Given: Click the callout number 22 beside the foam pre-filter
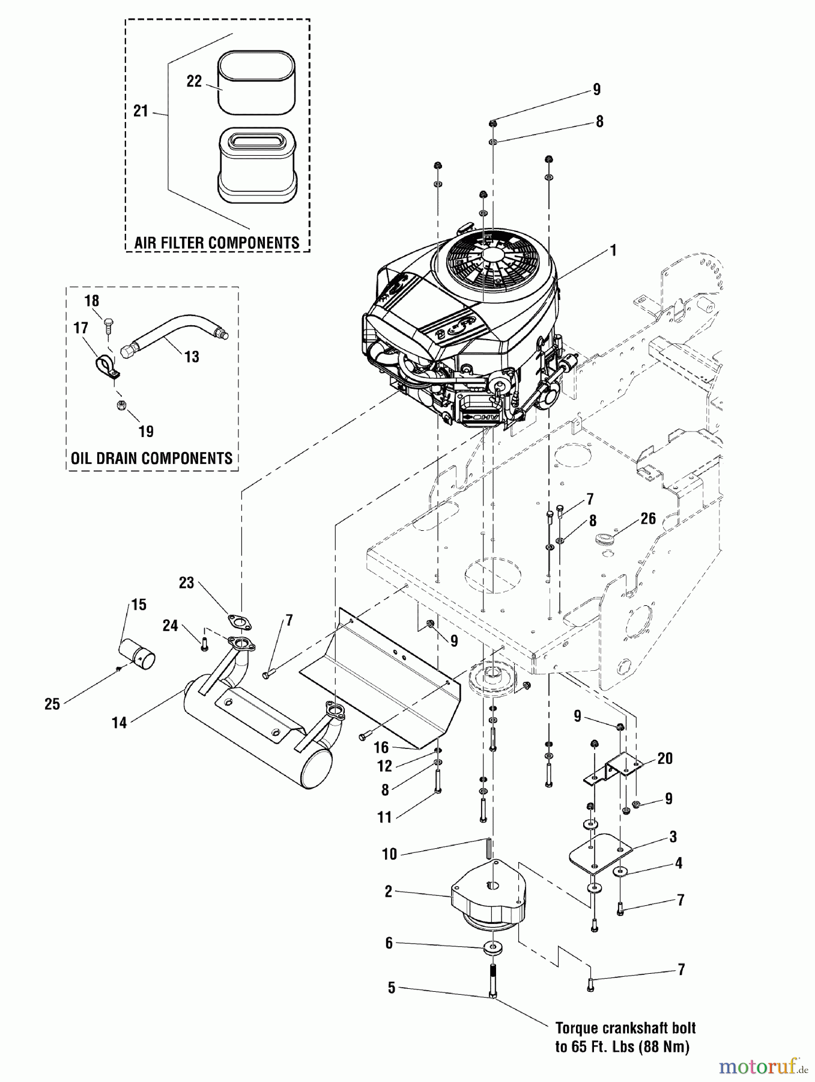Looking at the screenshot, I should click(x=194, y=81).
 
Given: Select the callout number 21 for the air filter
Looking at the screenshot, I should click(x=141, y=111).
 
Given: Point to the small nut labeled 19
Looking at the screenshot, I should click(x=121, y=406).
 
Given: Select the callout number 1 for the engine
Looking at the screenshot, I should click(x=613, y=250).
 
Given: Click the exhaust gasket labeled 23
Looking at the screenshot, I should click(x=240, y=620).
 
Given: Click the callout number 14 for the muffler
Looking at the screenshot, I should click(x=119, y=722).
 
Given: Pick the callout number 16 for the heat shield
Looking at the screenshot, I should click(x=381, y=747).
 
